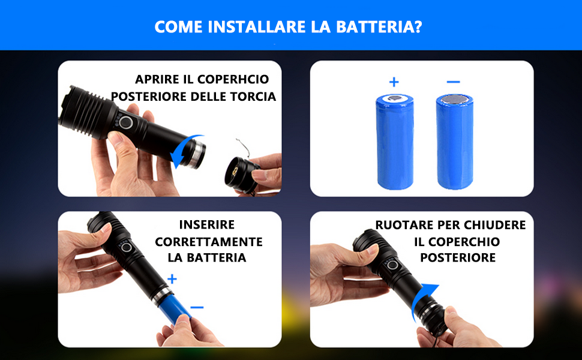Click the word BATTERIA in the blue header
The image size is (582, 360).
click(379, 27)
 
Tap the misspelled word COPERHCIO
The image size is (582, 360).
click(233, 79)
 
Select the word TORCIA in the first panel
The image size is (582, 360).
click(253, 97)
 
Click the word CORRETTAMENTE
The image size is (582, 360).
click(209, 242)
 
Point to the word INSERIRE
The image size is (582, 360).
click(207, 224)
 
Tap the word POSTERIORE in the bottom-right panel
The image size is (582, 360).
click(458, 257)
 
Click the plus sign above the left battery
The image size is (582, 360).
click(394, 82)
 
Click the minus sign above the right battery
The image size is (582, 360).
click(454, 82)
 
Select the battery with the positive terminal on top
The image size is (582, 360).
click(395, 142)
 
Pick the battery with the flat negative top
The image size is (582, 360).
click(455, 142)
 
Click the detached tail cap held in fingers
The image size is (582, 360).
click(241, 175)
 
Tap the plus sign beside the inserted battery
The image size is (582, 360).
click(172, 279)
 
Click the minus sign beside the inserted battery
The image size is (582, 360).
click(197, 307)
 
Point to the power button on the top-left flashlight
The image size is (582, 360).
click(126, 122)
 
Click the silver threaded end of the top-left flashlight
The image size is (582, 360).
click(197, 154)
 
